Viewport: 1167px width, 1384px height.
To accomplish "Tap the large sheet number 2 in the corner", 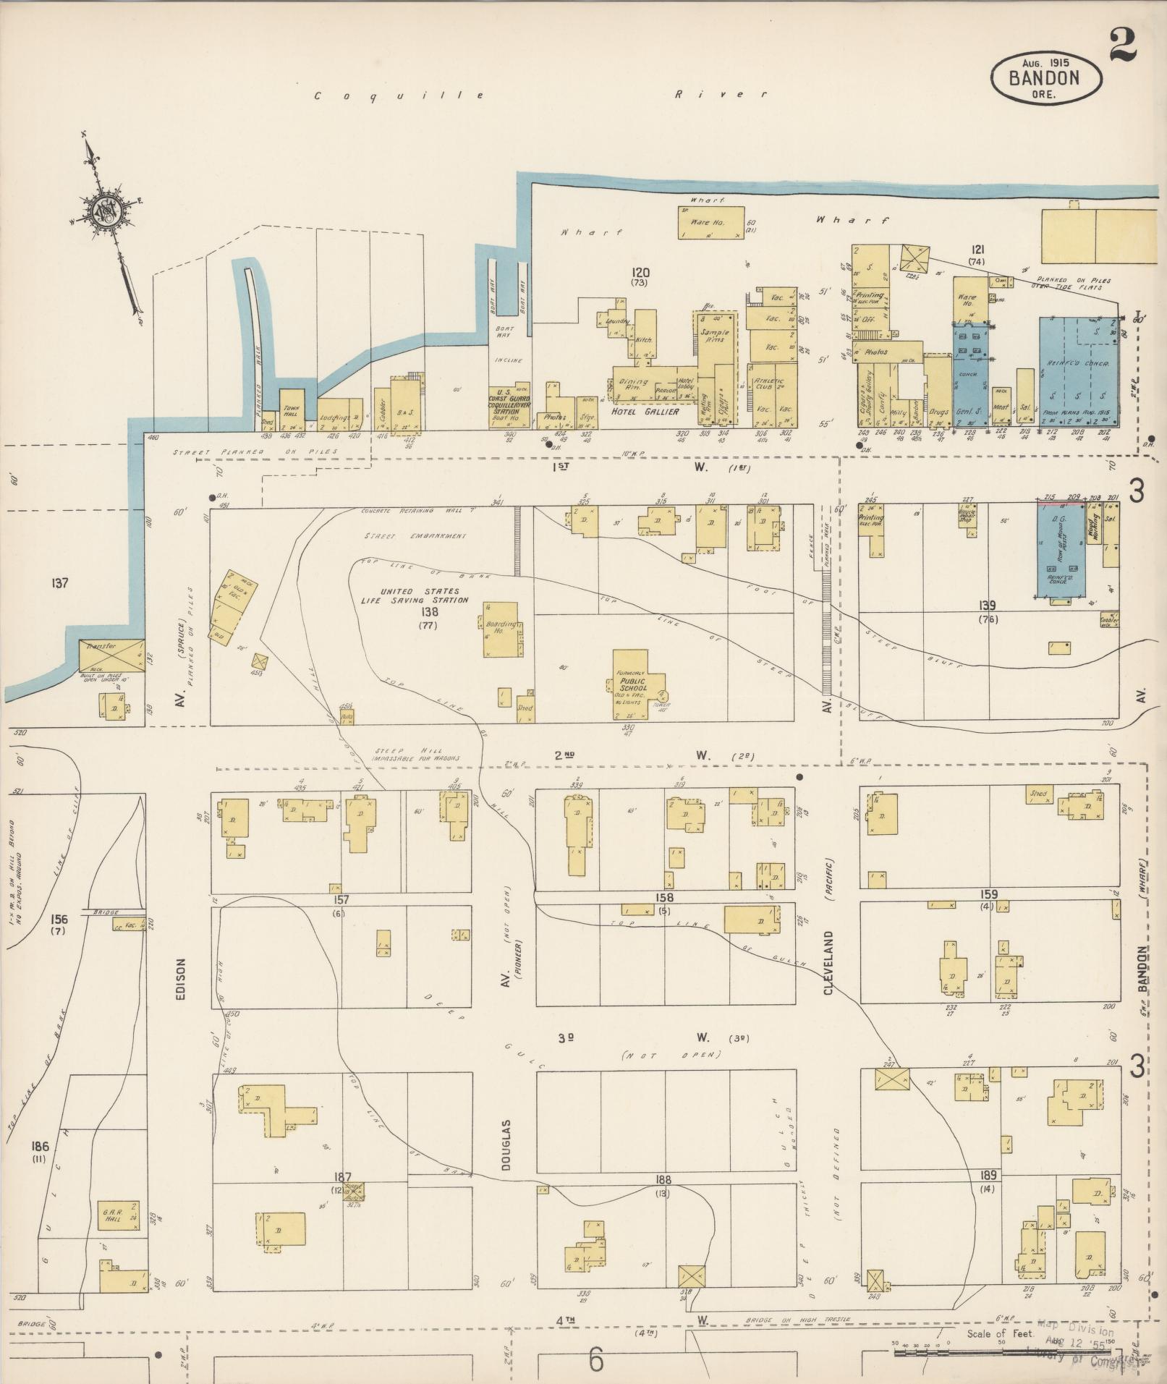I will coord(1121,43).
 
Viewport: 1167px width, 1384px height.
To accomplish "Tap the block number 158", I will coord(664,898).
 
